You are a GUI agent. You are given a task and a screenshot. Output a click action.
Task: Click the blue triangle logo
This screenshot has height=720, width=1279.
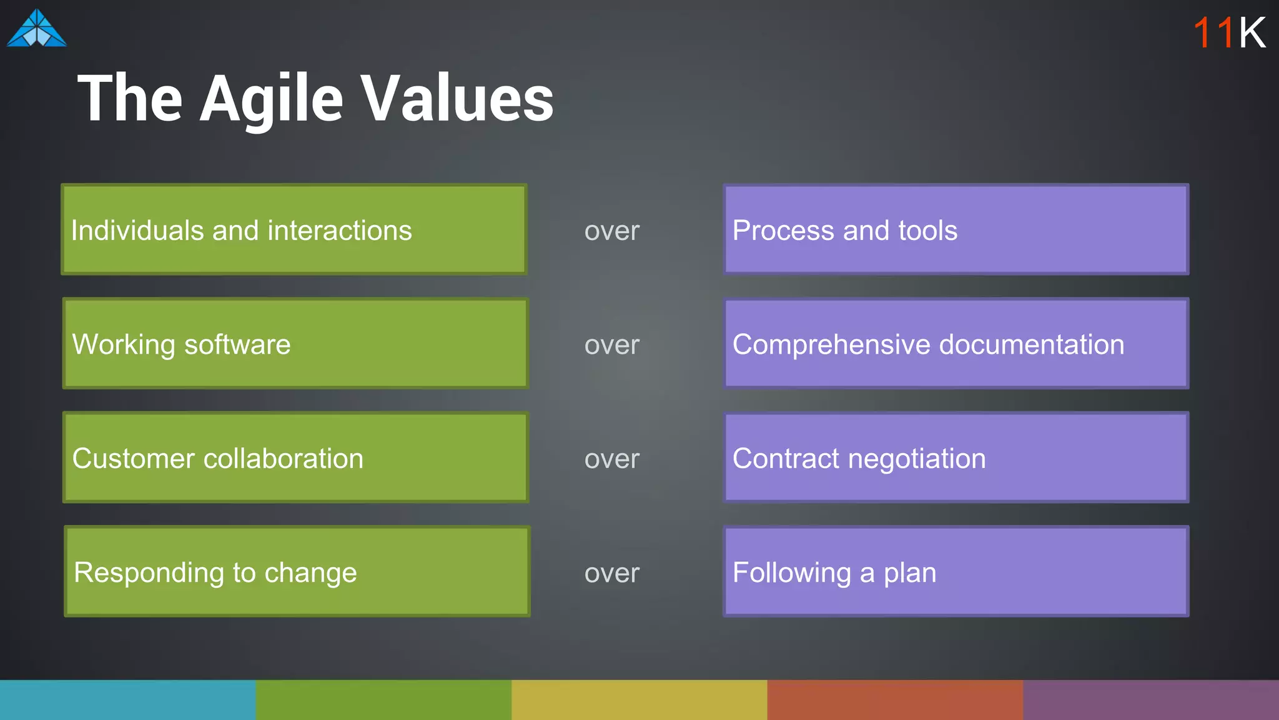click(36, 29)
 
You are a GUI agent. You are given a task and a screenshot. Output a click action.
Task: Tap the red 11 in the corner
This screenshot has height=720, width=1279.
click(1213, 32)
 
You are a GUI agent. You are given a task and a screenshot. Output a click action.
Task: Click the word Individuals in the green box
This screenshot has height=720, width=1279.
click(137, 230)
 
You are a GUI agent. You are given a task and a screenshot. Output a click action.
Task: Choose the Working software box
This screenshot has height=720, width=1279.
click(295, 344)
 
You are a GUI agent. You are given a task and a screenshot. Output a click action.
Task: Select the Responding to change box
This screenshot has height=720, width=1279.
click(297, 571)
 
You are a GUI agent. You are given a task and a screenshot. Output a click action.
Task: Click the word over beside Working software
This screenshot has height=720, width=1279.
click(611, 345)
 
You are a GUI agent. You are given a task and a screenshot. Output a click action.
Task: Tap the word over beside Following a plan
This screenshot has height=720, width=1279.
click(611, 573)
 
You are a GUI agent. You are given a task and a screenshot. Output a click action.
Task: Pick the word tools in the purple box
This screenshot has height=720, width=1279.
click(927, 230)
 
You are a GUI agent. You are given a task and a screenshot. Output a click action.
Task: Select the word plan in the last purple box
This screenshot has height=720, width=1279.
click(910, 573)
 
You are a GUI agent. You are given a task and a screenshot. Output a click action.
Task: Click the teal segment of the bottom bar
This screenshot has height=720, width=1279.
click(127, 700)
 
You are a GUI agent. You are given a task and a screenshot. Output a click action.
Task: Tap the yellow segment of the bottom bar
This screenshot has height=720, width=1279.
click(639, 700)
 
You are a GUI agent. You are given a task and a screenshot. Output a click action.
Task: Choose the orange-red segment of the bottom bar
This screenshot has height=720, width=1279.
click(895, 700)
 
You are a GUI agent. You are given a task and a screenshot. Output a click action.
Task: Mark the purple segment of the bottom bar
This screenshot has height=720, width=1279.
click(1151, 700)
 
